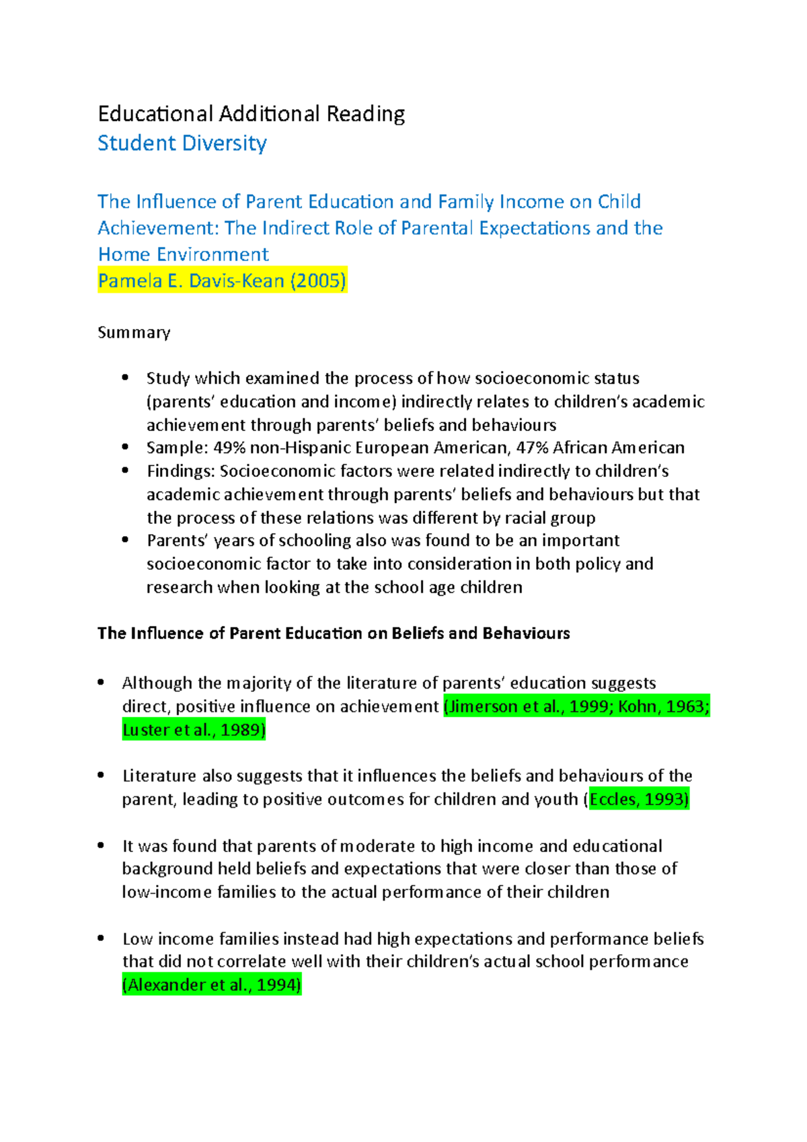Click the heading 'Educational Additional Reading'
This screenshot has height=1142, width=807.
coord(251,114)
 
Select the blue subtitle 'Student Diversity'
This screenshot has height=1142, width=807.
coord(182,143)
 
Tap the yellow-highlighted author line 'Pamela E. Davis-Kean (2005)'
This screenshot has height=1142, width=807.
coord(222,280)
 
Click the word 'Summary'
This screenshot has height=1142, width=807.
coord(134,332)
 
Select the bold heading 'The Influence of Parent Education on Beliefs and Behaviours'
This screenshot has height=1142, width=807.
coord(334,634)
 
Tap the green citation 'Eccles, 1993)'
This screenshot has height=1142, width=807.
coord(639,799)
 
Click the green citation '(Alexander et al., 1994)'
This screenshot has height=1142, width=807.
coord(212,985)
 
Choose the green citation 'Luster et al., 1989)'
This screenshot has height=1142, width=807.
coord(194,730)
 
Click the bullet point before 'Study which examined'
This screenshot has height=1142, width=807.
coord(125,378)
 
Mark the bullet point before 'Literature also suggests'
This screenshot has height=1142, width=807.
coord(101,775)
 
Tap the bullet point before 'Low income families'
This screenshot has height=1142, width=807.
coord(101,938)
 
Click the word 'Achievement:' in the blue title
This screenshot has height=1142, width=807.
coord(158,228)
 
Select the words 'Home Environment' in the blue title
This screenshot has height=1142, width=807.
coord(183,254)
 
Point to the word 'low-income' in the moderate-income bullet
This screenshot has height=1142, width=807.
coord(167,892)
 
